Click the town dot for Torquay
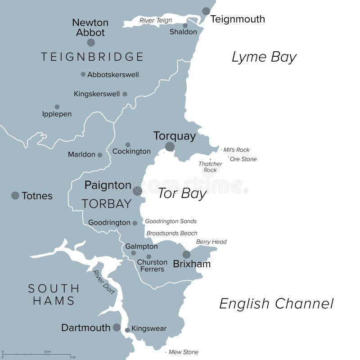170,147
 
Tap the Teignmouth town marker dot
206,11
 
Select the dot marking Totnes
15,195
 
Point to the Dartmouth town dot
117,328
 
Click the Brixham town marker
186,254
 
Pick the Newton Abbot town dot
91,42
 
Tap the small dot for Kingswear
127,330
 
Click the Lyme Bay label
264,57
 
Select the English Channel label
276,304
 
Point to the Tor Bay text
182,193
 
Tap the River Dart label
104,282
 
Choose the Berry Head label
211,242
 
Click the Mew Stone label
183,352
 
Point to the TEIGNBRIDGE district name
92,57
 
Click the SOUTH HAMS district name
54,294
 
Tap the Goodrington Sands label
171,221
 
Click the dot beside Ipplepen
57,107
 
